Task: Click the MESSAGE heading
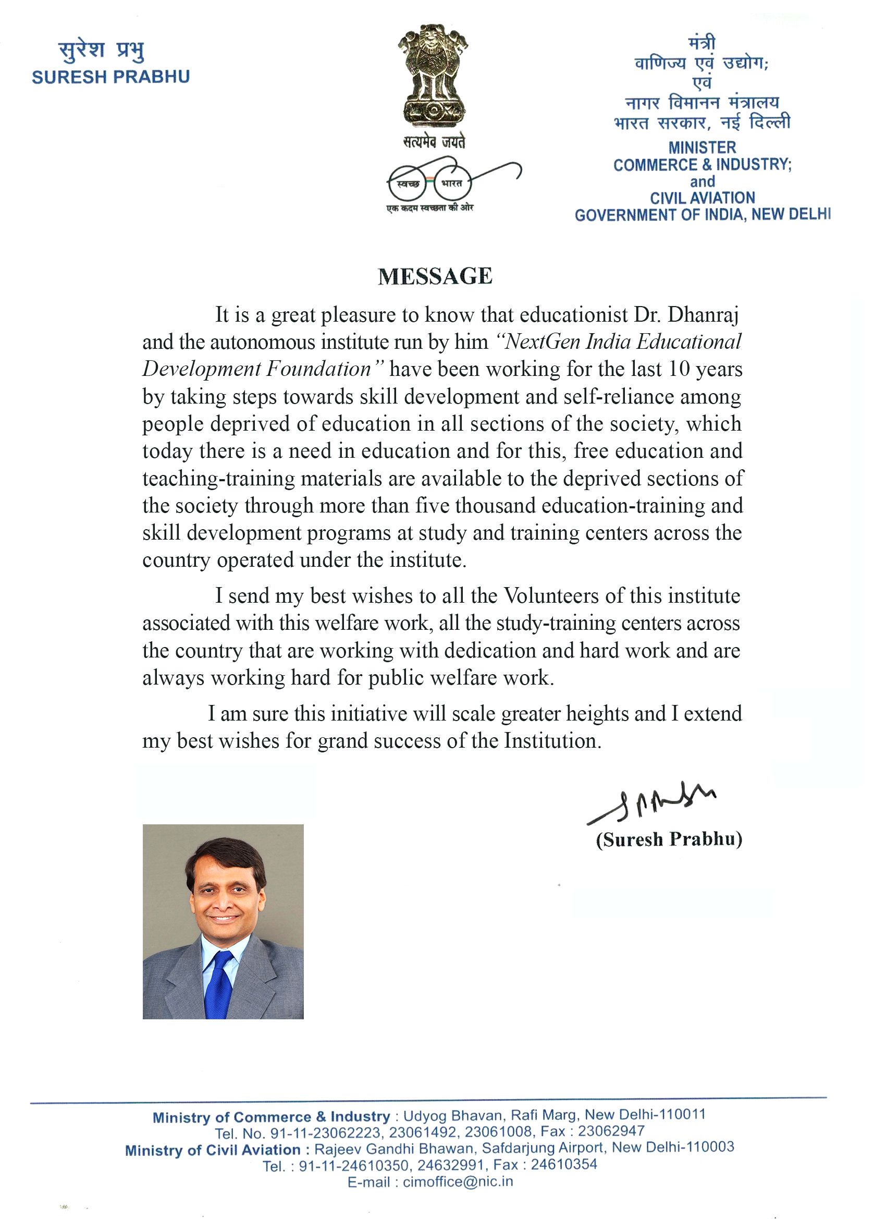point(435,276)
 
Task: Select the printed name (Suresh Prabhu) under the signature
point(669,839)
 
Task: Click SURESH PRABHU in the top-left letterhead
point(110,77)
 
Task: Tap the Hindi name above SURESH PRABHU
point(102,52)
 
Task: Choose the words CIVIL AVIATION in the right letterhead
point(703,198)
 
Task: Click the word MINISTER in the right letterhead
point(702,147)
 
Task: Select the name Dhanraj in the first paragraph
point(703,314)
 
